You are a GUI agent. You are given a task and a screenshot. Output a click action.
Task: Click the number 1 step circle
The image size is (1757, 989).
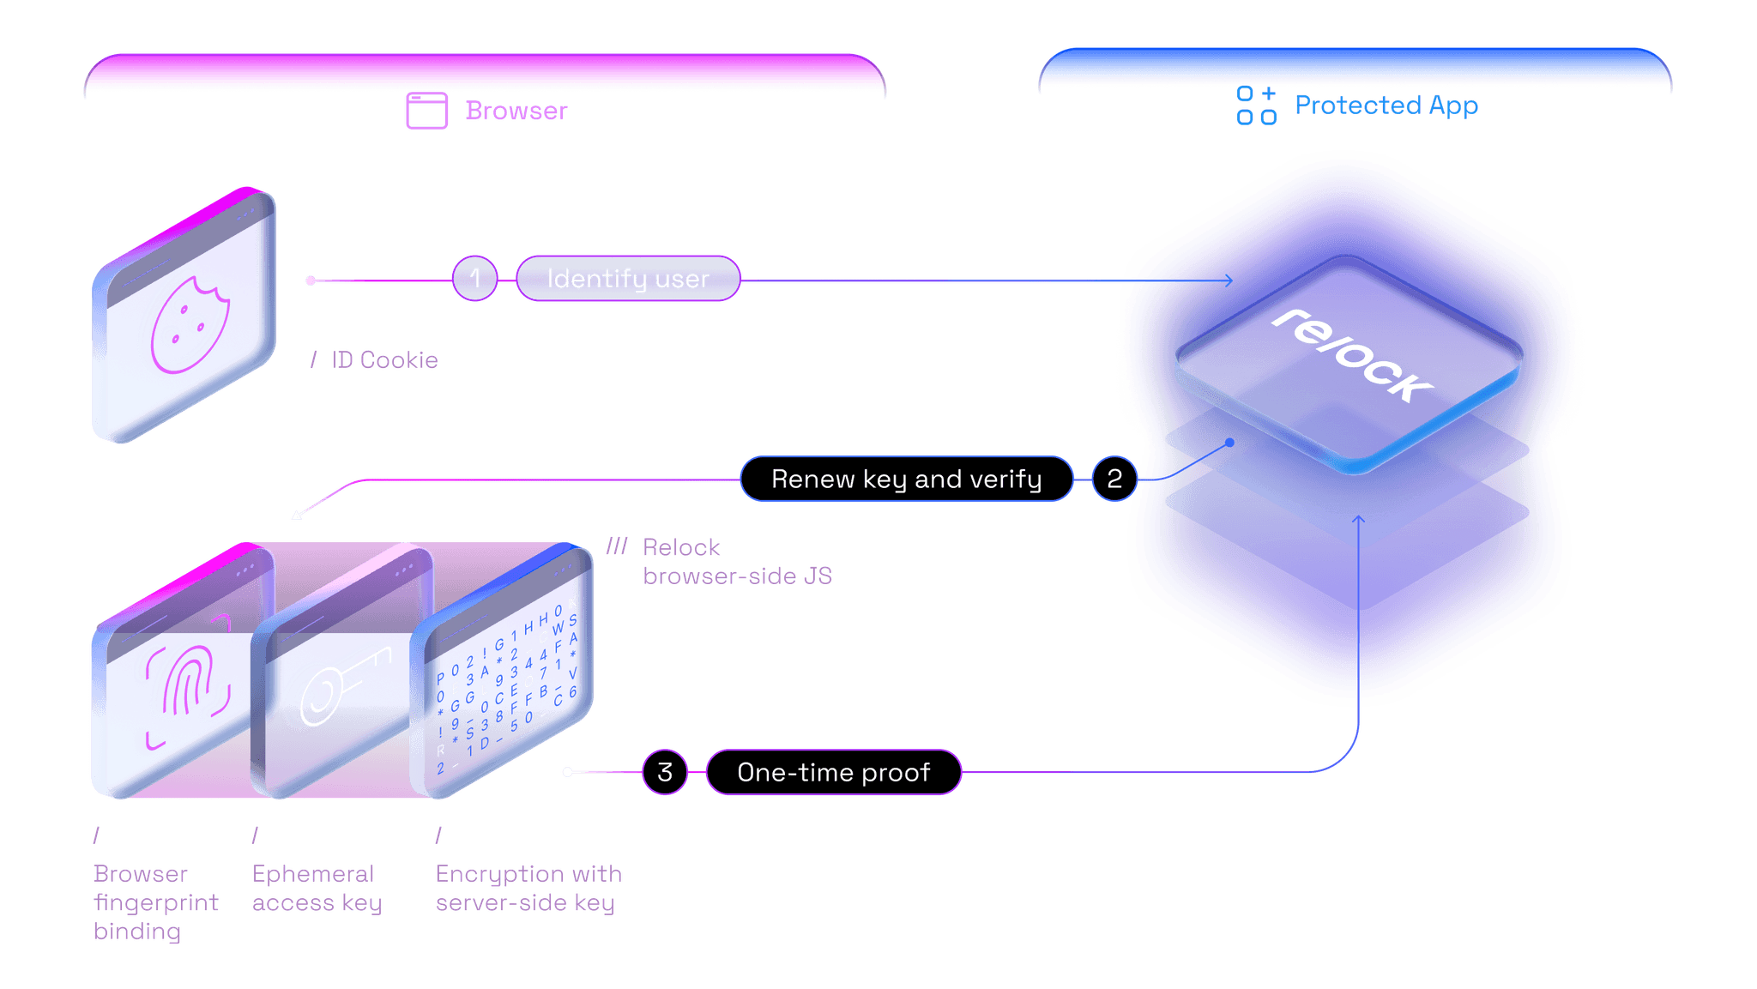click(x=474, y=279)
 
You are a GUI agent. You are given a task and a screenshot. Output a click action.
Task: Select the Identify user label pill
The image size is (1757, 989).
click(x=628, y=279)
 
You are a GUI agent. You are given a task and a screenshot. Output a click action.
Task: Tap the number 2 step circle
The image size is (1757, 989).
click(x=1114, y=479)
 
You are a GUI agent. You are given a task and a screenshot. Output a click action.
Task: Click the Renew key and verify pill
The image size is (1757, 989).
click(x=906, y=479)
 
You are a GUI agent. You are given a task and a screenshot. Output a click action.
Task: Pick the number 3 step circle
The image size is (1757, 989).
click(x=665, y=772)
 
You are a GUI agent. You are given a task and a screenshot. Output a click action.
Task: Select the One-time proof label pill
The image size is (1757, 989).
click(x=833, y=772)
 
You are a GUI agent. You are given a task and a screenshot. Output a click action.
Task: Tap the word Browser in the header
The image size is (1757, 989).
click(x=516, y=111)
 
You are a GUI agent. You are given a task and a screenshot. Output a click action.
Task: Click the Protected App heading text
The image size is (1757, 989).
click(x=1386, y=106)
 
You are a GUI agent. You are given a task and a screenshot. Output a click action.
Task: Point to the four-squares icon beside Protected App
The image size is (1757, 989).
click(x=1256, y=106)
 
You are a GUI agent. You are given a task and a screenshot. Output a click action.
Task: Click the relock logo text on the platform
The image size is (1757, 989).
click(x=1351, y=355)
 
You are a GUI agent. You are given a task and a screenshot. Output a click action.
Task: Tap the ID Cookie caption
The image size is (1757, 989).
click(x=383, y=360)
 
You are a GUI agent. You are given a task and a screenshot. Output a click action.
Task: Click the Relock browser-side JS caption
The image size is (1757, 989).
click(x=736, y=562)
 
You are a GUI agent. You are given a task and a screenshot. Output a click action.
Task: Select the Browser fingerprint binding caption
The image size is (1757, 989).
click(x=155, y=902)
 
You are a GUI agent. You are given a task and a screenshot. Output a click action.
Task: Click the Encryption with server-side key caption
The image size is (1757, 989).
click(x=528, y=889)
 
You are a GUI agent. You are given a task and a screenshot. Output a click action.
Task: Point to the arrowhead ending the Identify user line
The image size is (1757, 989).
click(x=1229, y=280)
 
